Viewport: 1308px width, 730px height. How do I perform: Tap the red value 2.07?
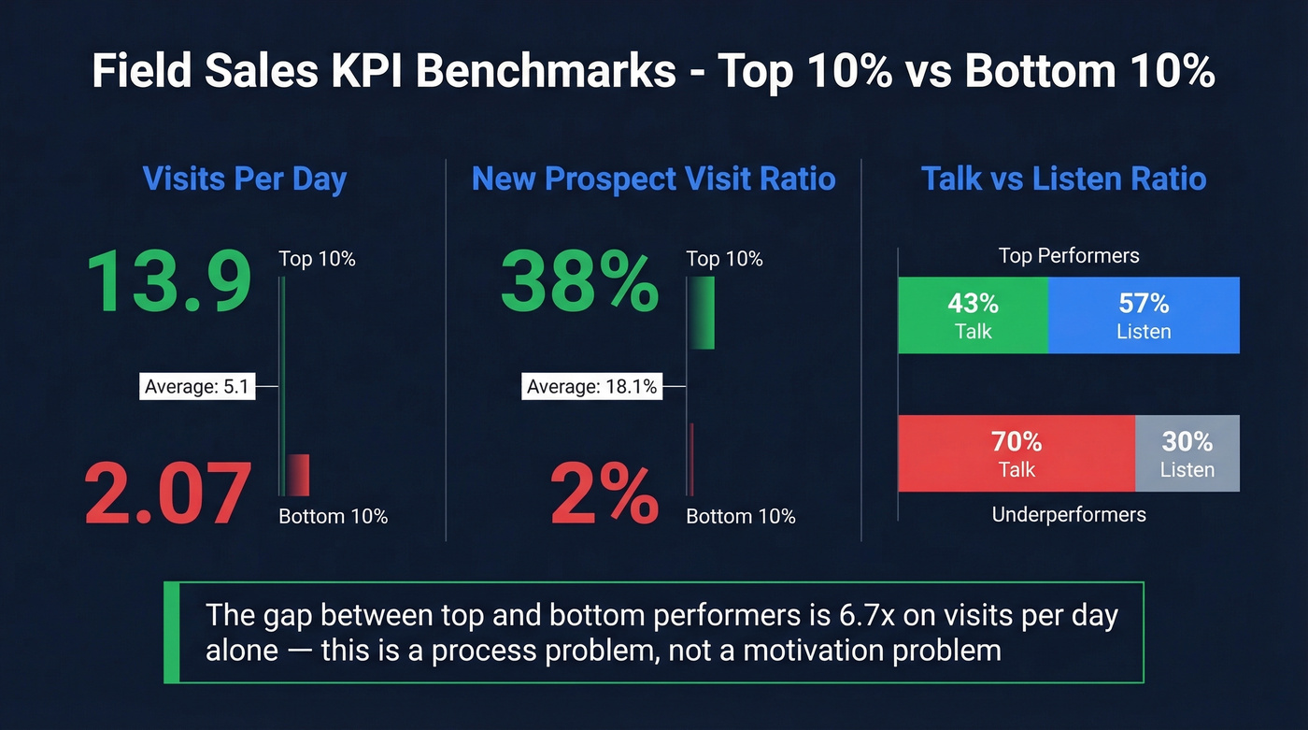pos(168,493)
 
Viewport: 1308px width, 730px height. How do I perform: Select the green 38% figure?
pos(579,283)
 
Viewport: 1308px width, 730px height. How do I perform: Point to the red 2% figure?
pos(604,493)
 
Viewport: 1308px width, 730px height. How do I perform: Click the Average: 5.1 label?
pos(197,385)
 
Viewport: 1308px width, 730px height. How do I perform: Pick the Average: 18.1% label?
pos(591,385)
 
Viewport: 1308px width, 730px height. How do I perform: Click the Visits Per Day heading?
pos(244,179)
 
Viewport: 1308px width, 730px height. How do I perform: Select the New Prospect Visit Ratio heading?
pos(653,179)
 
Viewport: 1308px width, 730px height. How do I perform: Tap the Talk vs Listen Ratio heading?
pos(1063,179)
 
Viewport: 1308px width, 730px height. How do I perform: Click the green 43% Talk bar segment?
pos(973,315)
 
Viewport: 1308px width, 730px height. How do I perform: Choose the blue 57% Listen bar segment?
pos(1144,315)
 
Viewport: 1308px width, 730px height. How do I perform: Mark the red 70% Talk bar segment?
pos(1017,453)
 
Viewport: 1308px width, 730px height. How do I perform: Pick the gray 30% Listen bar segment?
pos(1187,453)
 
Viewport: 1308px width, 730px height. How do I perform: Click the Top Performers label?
pos(1069,256)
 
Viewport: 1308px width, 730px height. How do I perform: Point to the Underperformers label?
pos(1069,514)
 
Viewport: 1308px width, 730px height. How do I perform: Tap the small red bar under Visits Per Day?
pos(298,474)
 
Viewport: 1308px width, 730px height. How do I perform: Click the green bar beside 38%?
pos(702,313)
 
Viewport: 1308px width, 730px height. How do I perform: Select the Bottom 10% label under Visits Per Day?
pos(333,516)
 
